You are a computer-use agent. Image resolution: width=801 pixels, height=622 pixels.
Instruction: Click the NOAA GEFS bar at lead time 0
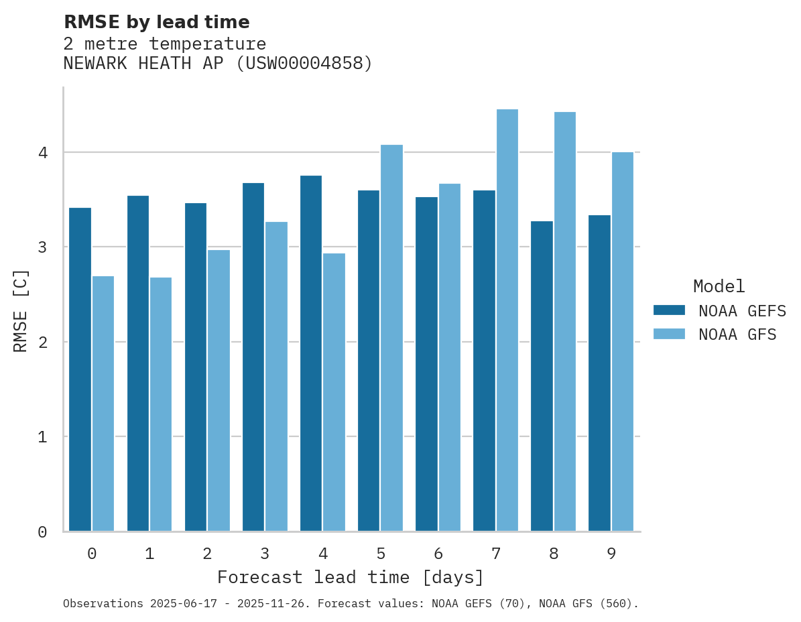80,369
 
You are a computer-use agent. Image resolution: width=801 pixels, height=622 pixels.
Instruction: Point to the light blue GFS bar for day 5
391,338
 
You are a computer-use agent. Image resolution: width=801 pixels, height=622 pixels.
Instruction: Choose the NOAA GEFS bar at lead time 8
542,376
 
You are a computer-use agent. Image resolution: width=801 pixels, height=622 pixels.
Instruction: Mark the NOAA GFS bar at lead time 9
622,342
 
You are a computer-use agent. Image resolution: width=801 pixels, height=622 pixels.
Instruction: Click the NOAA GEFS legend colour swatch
669,310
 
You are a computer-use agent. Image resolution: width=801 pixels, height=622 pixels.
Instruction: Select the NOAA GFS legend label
737,334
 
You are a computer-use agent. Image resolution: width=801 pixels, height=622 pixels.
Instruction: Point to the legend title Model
719,287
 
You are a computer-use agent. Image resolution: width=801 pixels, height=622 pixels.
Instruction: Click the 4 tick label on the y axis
42,153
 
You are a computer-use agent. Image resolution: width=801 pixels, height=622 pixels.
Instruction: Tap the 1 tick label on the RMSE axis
42,437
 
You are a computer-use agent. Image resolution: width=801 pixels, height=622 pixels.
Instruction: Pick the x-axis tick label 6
438,554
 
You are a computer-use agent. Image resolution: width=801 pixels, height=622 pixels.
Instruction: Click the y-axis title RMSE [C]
21,310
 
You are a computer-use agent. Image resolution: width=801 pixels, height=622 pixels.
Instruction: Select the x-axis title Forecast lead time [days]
351,578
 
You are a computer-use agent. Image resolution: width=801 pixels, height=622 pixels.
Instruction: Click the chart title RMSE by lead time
156,22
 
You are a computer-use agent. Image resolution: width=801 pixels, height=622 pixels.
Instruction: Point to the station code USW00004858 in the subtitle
304,64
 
